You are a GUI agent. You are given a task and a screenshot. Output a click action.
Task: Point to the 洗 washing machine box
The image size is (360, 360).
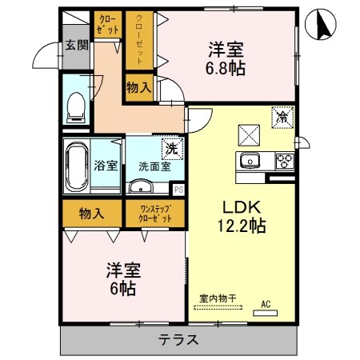point(170,149)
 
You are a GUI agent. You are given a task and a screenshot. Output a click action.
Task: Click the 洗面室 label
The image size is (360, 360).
point(154,167)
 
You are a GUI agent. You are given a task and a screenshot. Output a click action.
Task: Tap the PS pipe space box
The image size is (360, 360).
point(178,190)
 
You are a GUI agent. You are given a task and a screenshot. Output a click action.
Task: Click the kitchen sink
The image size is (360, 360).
point(250,161)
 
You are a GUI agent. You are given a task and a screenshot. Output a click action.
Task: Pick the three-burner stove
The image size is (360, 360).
point(284,161)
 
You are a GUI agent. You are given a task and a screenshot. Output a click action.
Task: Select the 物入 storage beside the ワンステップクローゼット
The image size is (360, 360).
point(92,214)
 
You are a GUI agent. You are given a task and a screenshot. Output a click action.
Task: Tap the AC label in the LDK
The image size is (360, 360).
point(266,303)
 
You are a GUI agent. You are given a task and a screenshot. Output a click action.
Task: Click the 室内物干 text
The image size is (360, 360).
point(218,298)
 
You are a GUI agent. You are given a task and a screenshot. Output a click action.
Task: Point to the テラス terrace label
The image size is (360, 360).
point(178,340)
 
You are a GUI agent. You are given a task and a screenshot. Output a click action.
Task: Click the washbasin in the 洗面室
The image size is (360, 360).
point(142,188)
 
